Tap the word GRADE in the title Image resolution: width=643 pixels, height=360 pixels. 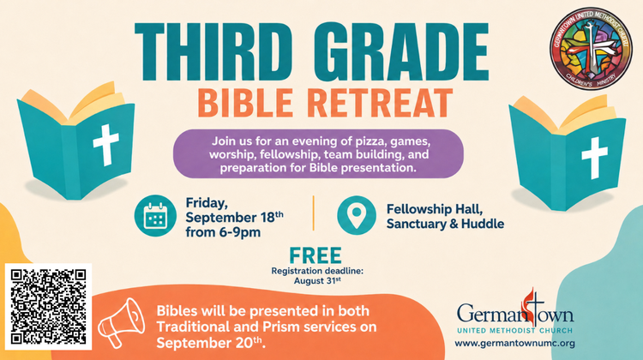(402, 51)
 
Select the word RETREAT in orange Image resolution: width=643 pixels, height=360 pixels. (380, 103)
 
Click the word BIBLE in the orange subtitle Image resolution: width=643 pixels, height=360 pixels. (246, 103)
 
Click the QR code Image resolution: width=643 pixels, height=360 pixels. (48, 306)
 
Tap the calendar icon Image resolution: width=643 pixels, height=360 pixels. (155, 216)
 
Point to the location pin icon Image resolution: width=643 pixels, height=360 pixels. (357, 215)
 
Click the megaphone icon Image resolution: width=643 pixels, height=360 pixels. (121, 322)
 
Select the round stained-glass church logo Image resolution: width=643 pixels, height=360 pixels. (592, 47)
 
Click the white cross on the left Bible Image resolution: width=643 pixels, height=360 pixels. (106, 145)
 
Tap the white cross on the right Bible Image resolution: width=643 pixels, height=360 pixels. (595, 158)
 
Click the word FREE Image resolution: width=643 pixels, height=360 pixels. (315, 255)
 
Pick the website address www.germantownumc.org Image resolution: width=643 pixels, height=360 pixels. (514, 343)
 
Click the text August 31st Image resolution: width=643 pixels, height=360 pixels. (317, 281)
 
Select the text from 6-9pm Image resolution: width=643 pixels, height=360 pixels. (223, 232)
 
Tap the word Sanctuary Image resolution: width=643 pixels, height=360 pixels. (416, 224)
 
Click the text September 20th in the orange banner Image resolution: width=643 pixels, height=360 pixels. (209, 343)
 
